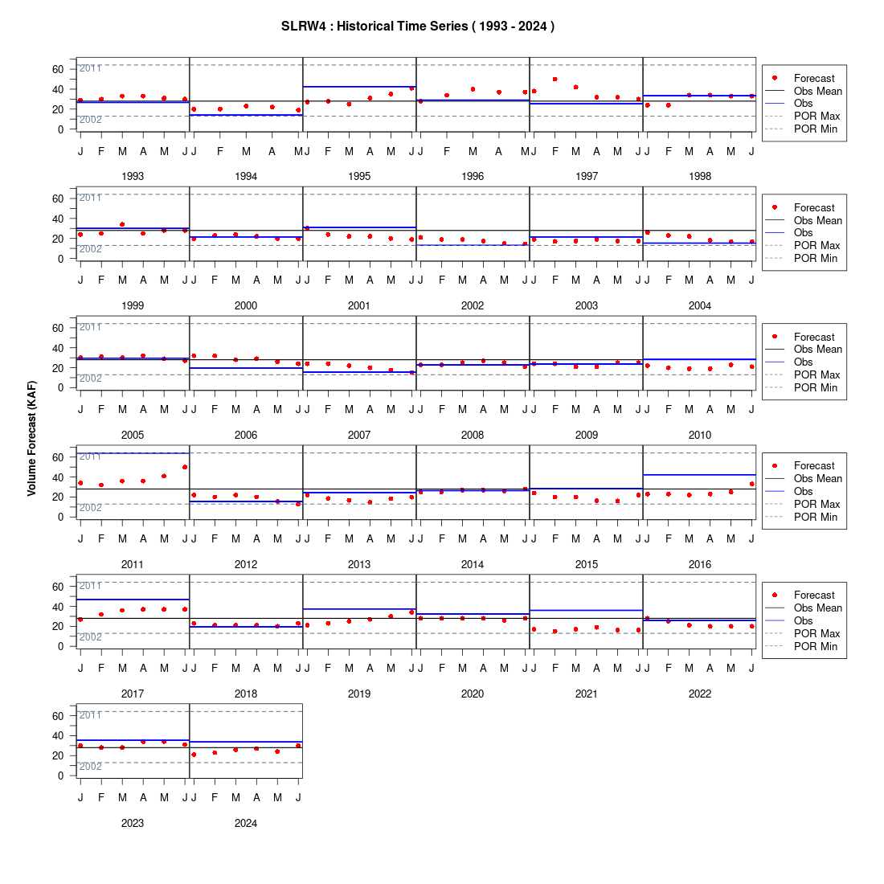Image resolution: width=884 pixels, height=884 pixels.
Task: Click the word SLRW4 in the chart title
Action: click(x=303, y=26)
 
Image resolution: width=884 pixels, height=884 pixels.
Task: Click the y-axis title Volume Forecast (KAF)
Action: click(x=31, y=438)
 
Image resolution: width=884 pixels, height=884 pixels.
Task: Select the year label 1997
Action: click(x=587, y=177)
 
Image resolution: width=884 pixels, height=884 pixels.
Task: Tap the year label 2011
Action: click(x=133, y=564)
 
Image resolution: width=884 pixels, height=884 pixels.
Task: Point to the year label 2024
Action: click(x=246, y=823)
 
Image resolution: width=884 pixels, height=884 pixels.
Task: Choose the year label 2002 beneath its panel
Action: click(x=473, y=305)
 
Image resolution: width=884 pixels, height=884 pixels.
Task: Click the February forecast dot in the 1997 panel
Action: click(x=555, y=80)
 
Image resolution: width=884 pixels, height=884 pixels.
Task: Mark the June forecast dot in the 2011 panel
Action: click(x=185, y=468)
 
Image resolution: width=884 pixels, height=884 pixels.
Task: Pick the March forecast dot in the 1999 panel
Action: click(x=122, y=224)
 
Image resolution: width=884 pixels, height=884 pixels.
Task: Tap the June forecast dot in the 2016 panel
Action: click(x=751, y=484)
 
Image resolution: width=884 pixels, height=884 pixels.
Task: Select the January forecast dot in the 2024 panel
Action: click(x=194, y=755)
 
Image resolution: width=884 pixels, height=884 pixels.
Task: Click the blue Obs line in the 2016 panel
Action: click(x=699, y=475)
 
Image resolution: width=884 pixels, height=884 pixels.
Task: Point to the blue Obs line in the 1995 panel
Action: click(x=360, y=87)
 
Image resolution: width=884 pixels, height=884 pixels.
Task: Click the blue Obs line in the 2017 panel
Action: click(x=133, y=600)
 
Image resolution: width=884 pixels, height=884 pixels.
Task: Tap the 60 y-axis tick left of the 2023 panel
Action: click(x=58, y=716)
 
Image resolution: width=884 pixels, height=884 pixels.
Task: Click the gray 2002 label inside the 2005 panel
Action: click(x=90, y=379)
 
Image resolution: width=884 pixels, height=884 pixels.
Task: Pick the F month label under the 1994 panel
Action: click(x=220, y=151)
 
